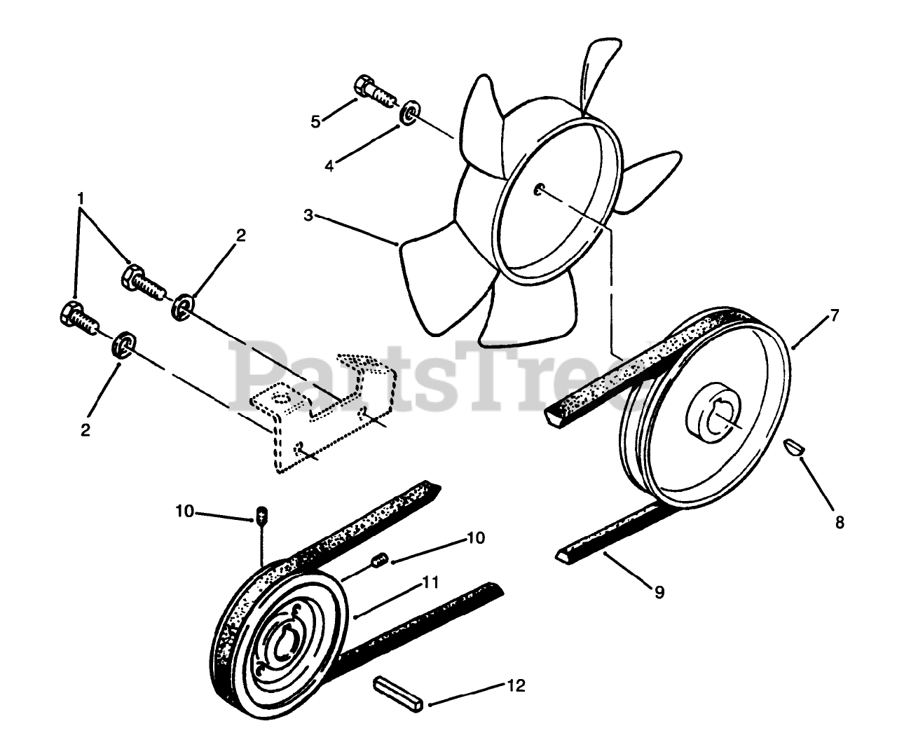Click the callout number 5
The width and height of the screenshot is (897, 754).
[316, 121]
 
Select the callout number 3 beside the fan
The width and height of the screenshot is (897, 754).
[308, 215]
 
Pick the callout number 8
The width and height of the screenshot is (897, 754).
[840, 521]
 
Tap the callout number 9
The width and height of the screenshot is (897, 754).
[659, 592]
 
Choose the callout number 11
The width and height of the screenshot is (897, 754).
[430, 581]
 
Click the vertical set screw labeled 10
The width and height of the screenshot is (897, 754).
[262, 516]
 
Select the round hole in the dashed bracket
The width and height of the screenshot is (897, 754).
[281, 398]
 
